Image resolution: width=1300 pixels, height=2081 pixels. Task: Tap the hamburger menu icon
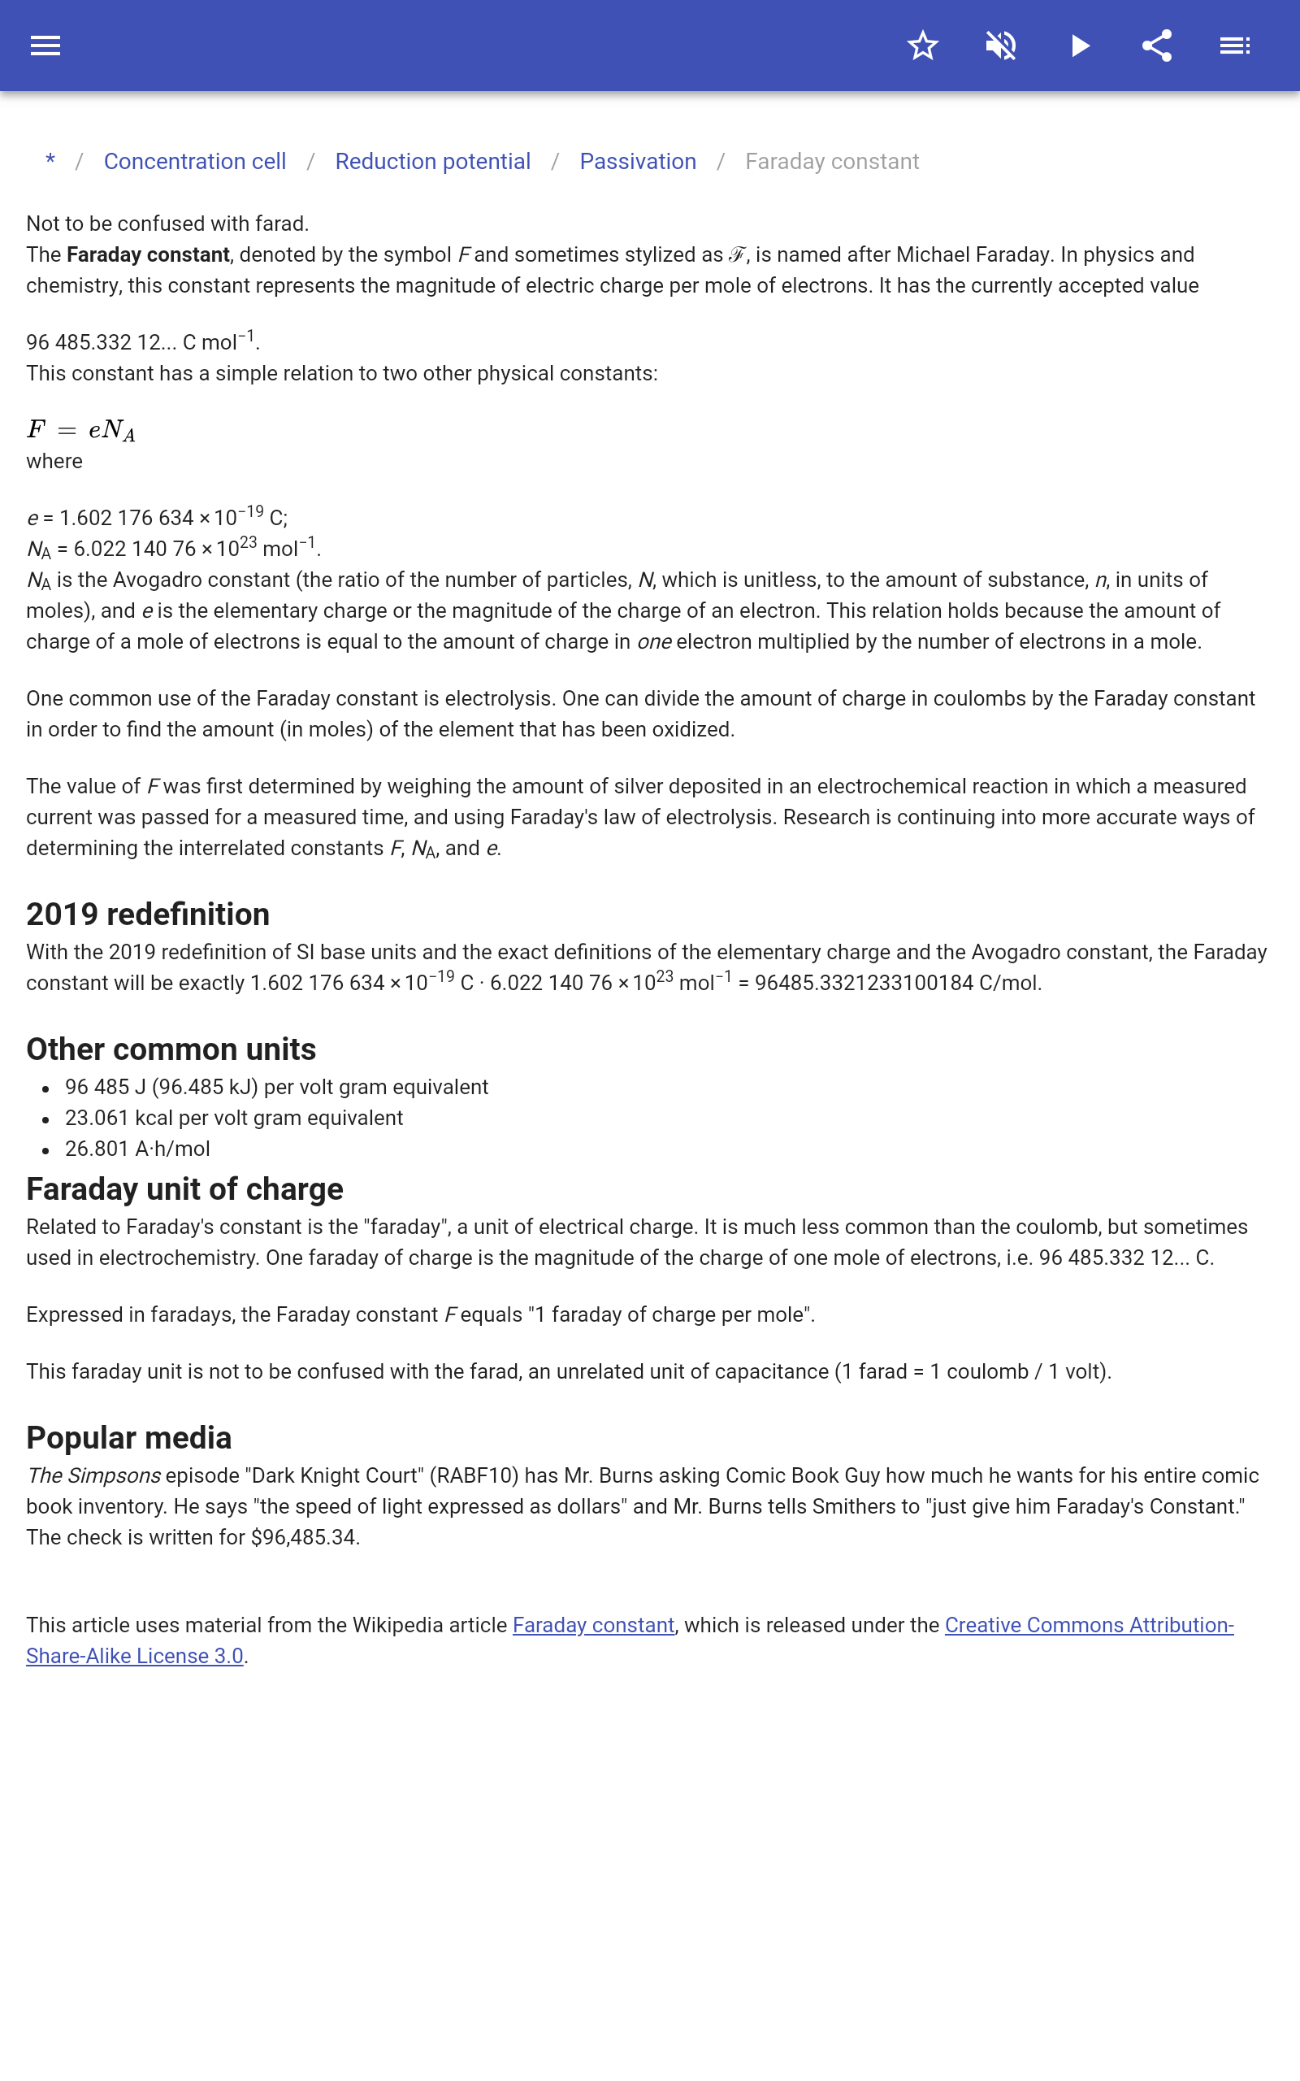[45, 46]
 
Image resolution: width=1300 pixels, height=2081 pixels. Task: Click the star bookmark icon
[922, 46]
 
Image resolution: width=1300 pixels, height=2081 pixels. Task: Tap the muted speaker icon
[1001, 46]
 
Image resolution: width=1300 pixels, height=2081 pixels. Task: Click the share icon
[1157, 46]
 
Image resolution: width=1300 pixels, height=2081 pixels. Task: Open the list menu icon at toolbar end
[1235, 46]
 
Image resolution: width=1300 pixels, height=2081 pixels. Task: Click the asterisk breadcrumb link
[50, 162]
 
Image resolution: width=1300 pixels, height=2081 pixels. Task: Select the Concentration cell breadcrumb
[195, 162]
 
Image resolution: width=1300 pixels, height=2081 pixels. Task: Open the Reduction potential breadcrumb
[432, 162]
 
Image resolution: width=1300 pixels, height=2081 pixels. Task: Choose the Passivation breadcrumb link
[638, 162]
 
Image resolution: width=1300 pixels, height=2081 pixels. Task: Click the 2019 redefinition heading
[148, 914]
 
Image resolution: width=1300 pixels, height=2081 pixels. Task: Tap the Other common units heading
[171, 1049]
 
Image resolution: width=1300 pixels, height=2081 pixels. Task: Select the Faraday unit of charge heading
[185, 1188]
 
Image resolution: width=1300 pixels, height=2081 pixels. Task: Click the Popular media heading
[129, 1438]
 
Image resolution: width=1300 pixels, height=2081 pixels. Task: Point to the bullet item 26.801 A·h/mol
[137, 1149]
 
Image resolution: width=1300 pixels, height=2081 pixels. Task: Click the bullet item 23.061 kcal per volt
[234, 1118]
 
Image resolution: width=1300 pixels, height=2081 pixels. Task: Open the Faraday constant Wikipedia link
[593, 1625]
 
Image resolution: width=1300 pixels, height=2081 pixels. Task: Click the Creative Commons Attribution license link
[1089, 1625]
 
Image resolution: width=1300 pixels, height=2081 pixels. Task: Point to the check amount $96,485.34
[305, 1537]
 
